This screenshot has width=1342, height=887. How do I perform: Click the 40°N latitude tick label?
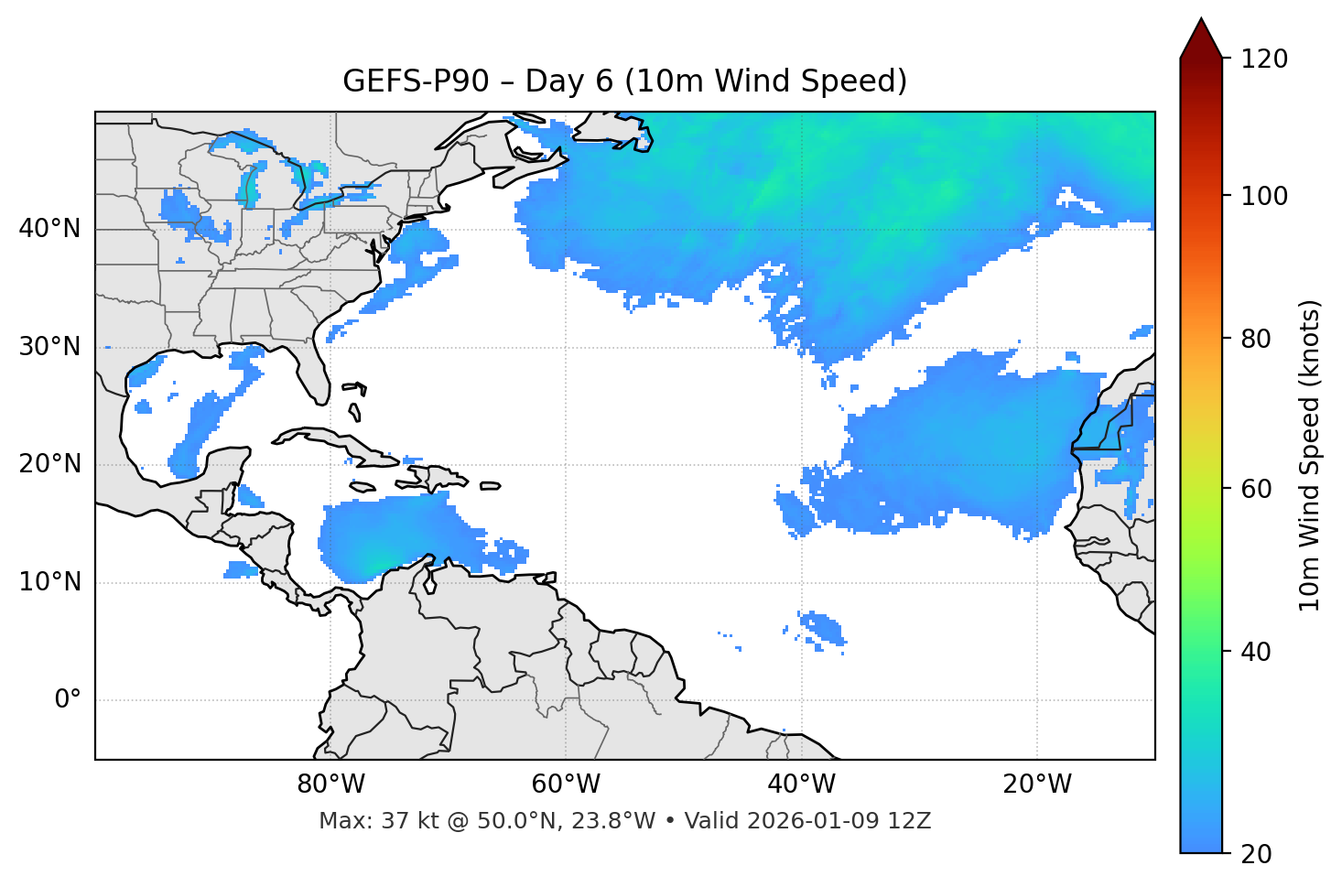click(49, 229)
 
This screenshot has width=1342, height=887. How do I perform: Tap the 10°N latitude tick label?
click(49, 582)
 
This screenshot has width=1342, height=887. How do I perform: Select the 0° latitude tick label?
click(67, 700)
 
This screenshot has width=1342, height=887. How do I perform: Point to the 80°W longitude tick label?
click(330, 784)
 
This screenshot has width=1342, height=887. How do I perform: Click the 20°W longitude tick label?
click(1037, 784)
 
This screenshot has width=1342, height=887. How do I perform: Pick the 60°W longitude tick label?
click(566, 784)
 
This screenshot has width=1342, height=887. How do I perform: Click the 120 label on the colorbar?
click(1264, 59)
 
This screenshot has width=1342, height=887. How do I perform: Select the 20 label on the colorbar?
click(1256, 854)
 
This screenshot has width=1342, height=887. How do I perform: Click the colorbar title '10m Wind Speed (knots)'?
click(1310, 456)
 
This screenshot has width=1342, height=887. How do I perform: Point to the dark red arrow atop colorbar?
click(1201, 38)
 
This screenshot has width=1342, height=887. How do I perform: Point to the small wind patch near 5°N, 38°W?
click(821, 628)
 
